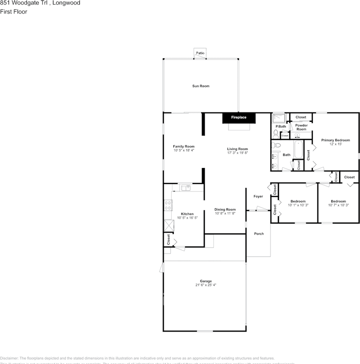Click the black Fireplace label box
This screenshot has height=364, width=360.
pos(239,118)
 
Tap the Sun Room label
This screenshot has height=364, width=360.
pos(200,86)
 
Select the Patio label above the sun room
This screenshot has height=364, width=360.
pos(200,53)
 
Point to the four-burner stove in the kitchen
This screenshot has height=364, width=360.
pos(167,205)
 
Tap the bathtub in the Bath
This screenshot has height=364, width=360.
pos(299,150)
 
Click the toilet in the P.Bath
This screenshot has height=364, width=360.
pos(276,133)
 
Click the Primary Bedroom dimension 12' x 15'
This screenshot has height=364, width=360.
pos(335,144)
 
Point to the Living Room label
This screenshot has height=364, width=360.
pos(237,149)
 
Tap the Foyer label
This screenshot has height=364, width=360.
pos(258,196)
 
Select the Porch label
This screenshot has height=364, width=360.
pos(259,234)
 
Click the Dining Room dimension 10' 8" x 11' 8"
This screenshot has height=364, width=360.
pos(225,213)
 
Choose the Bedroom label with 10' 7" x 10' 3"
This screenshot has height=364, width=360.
pos(338,201)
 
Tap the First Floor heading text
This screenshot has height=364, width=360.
pos(14,12)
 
